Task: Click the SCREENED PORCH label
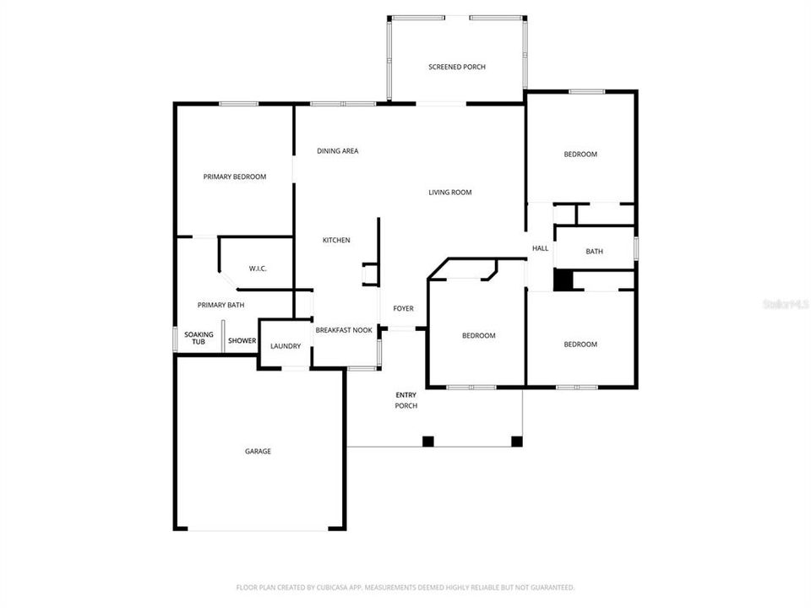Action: [x=456, y=67]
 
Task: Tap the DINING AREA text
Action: [x=338, y=151]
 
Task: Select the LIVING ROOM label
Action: [x=449, y=193]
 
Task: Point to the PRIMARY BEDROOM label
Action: [x=235, y=177]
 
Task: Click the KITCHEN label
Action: [x=336, y=241]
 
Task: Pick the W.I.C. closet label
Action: [x=258, y=269]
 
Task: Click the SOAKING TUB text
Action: [x=199, y=338]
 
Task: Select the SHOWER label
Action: [x=242, y=341]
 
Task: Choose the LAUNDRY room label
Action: [x=286, y=346]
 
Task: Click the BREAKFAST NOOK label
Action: [x=344, y=330]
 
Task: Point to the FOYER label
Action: [x=404, y=308]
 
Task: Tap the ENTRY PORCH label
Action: [x=406, y=400]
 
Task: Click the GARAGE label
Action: [x=258, y=452]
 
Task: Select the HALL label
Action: [x=540, y=248]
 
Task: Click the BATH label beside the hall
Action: [x=595, y=252]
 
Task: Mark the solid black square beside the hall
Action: [x=563, y=280]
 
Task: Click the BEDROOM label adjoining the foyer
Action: [x=478, y=336]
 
